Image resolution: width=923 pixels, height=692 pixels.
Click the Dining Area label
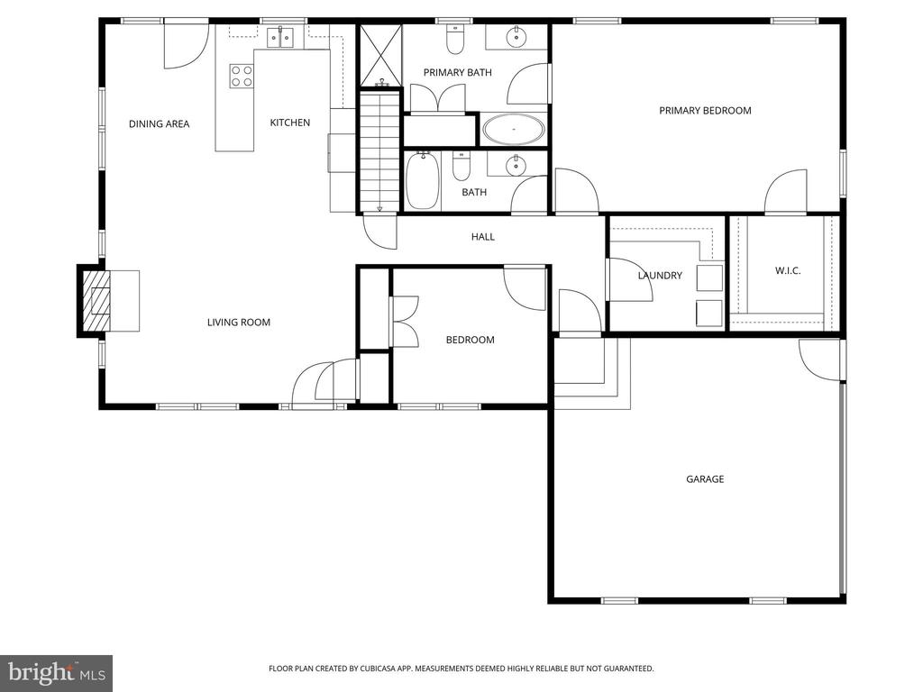click(x=159, y=124)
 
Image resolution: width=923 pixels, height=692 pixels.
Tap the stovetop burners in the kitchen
click(x=241, y=76)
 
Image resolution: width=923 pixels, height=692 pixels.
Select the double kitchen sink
click(x=282, y=37)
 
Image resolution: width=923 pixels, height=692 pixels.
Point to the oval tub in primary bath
click(x=514, y=130)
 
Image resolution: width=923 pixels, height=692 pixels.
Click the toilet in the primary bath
click(x=455, y=41)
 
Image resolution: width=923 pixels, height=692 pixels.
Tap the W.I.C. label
click(x=788, y=270)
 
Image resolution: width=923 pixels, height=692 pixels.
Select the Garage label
click(x=705, y=479)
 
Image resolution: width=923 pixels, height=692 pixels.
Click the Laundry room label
click(x=660, y=276)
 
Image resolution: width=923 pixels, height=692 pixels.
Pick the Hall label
click(x=483, y=237)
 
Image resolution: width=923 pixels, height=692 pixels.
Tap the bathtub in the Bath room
click(x=423, y=181)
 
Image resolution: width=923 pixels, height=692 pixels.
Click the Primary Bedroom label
click(x=705, y=111)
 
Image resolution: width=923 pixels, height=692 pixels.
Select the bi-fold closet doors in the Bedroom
click(x=404, y=322)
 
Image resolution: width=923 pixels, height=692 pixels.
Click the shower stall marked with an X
click(x=379, y=55)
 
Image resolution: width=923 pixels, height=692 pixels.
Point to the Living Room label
click(x=238, y=323)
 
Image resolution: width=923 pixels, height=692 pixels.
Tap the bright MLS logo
click(x=56, y=672)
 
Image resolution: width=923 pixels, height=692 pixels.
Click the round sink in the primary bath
click(x=517, y=37)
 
